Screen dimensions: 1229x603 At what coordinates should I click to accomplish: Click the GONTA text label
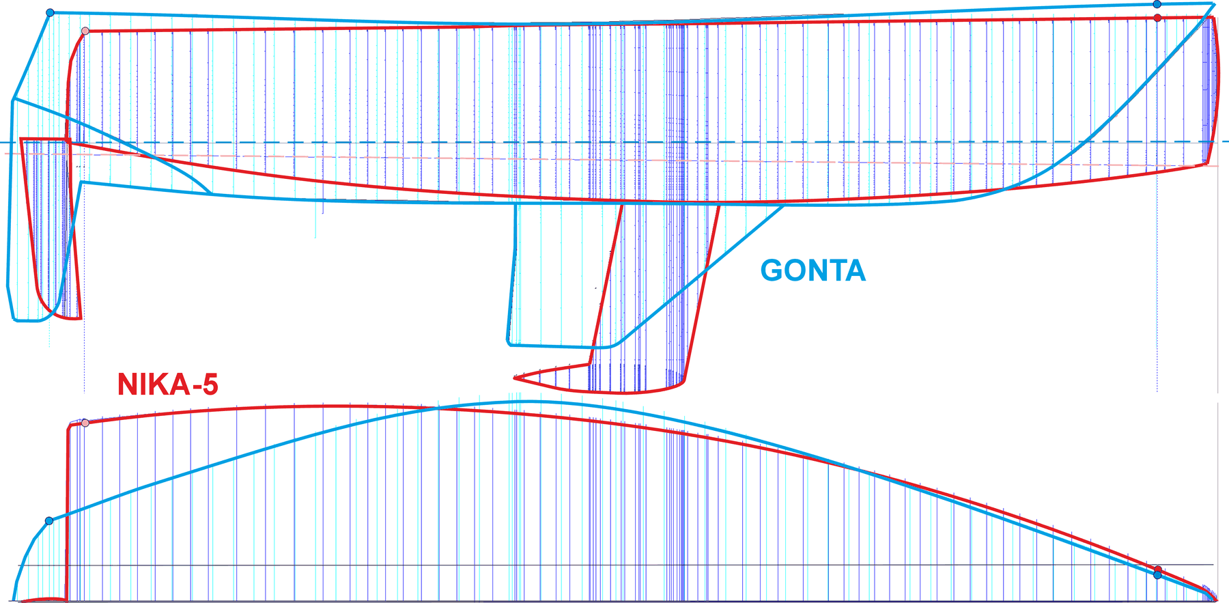[813, 271]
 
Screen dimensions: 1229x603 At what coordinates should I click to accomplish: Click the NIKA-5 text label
[168, 384]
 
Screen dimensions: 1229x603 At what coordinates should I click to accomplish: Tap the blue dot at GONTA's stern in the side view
[50, 13]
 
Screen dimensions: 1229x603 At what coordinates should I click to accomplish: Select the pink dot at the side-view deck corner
[85, 31]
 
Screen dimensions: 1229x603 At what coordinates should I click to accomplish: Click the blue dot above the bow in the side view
[1157, 4]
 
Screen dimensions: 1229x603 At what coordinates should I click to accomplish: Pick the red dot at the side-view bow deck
[1157, 18]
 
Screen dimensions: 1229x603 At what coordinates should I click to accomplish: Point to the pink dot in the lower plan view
[85, 423]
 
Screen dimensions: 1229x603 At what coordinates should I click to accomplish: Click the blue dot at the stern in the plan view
[49, 521]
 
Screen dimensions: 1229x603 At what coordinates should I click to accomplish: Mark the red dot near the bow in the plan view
[1158, 570]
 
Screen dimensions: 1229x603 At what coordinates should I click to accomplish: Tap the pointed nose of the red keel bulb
[515, 377]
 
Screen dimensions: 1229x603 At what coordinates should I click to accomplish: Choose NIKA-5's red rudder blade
[51, 225]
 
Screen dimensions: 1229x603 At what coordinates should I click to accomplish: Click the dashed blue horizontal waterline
[614, 142]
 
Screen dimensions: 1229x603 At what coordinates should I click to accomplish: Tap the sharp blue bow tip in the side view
[1214, 5]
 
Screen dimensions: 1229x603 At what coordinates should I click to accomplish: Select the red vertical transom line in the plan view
[68, 512]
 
